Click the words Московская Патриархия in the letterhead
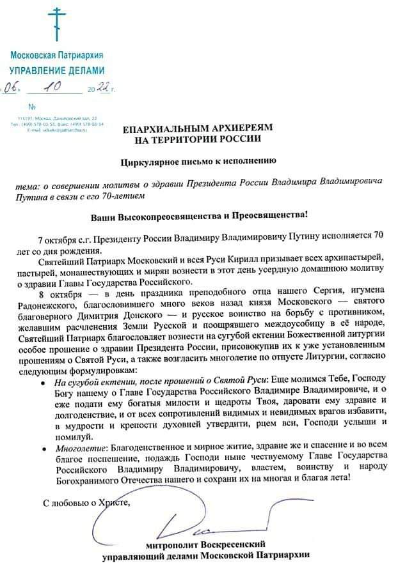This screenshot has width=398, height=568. point(56,56)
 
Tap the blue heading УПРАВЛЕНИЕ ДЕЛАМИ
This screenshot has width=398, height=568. point(56,70)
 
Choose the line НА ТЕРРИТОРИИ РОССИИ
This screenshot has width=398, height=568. point(199,139)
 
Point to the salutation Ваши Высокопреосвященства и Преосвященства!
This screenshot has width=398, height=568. point(199,216)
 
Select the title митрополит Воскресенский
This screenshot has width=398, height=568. point(205,545)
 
